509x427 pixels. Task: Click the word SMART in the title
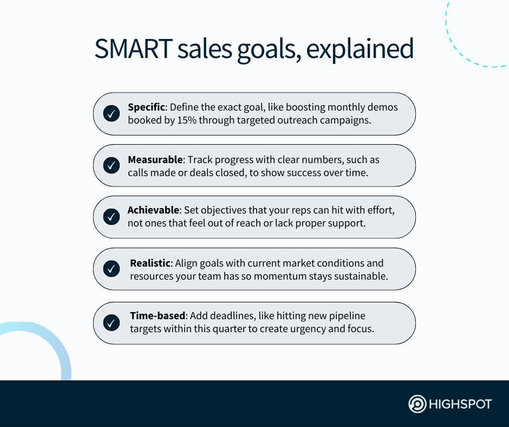[x=133, y=48]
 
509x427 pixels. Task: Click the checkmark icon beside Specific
[x=112, y=113]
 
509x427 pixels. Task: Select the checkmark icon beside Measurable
[x=112, y=165]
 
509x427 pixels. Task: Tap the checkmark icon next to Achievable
[x=112, y=216]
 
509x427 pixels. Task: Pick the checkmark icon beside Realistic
[x=112, y=269]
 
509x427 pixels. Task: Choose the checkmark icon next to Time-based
[x=112, y=322]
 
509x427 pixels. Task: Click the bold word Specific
[x=146, y=107]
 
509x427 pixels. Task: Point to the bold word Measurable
[x=155, y=159]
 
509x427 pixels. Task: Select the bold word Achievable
[x=153, y=210]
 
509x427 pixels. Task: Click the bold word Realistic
[x=150, y=263]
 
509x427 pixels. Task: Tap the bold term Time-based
[x=158, y=315]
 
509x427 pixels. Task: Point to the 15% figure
[x=187, y=120]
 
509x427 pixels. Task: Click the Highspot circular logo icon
[x=417, y=404]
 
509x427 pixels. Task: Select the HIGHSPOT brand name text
[x=460, y=404]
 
